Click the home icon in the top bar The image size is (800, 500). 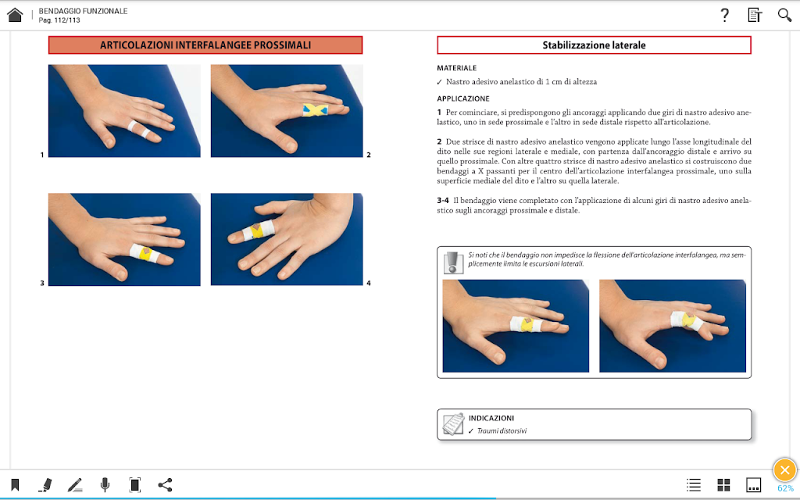15,15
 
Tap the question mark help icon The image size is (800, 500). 724,16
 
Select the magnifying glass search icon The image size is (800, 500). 784,15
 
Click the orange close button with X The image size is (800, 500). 784,470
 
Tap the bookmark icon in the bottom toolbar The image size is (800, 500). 15,484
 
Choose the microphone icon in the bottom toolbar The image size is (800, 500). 105,484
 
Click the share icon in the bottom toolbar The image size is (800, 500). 165,484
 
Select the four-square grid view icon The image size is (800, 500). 723,484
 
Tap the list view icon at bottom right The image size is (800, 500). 694,484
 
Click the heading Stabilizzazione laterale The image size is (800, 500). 594,45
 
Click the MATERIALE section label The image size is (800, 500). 456,68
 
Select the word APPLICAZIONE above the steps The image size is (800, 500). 462,98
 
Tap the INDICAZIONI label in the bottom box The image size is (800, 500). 491,418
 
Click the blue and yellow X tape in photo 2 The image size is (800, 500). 316,109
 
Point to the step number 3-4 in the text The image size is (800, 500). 443,201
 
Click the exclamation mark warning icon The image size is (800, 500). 452,262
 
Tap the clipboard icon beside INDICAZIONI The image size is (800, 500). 453,424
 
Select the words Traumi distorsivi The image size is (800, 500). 502,431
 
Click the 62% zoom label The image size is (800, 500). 785,489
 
